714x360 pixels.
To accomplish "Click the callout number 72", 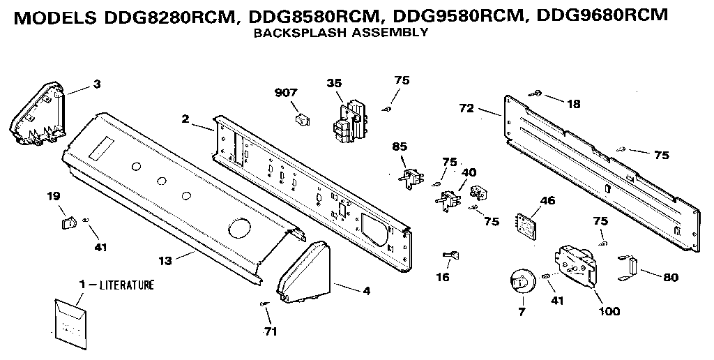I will click(467, 107).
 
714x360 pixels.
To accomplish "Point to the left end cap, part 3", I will click(38, 115).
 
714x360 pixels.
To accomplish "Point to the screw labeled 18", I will click(538, 93).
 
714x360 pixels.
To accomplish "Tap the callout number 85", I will click(400, 147).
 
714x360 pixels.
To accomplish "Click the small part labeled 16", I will click(453, 255).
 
